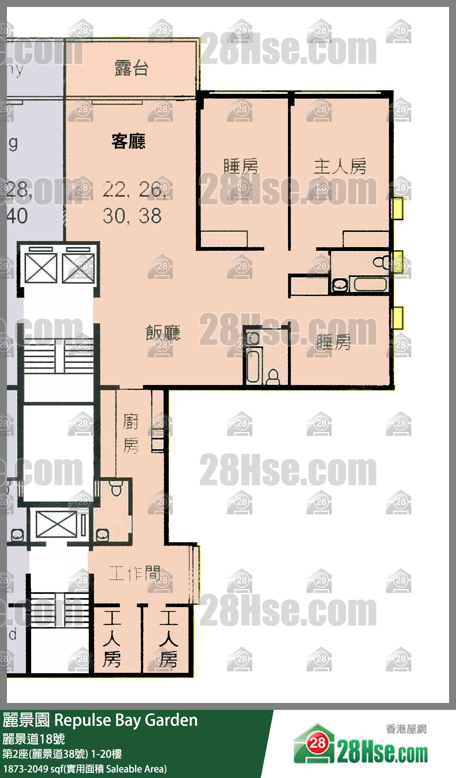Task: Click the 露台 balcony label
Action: [x=131, y=68]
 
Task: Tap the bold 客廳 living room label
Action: [x=128, y=141]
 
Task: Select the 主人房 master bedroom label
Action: [x=340, y=166]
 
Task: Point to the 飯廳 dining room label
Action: [x=163, y=333]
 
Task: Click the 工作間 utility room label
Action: [x=134, y=573]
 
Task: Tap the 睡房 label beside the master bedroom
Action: [x=241, y=166]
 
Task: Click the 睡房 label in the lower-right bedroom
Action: [x=333, y=342]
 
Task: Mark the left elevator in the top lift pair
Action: [x=41, y=268]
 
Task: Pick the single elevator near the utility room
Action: [x=56, y=524]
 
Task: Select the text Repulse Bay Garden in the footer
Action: [x=126, y=720]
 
